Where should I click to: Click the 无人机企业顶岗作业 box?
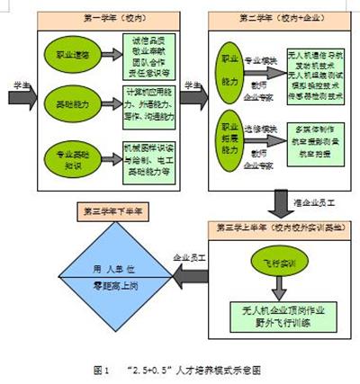pos(279,322)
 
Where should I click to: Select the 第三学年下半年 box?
pos(113,213)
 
